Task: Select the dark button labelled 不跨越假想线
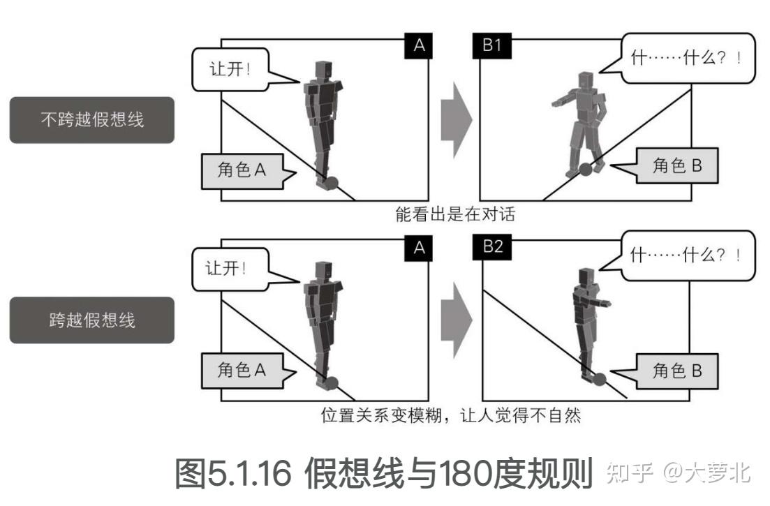point(91,120)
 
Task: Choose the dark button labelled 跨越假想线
point(91,320)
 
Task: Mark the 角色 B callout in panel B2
point(673,371)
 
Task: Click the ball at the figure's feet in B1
point(585,170)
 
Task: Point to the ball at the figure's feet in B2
point(598,379)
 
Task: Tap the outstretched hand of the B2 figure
point(609,305)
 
